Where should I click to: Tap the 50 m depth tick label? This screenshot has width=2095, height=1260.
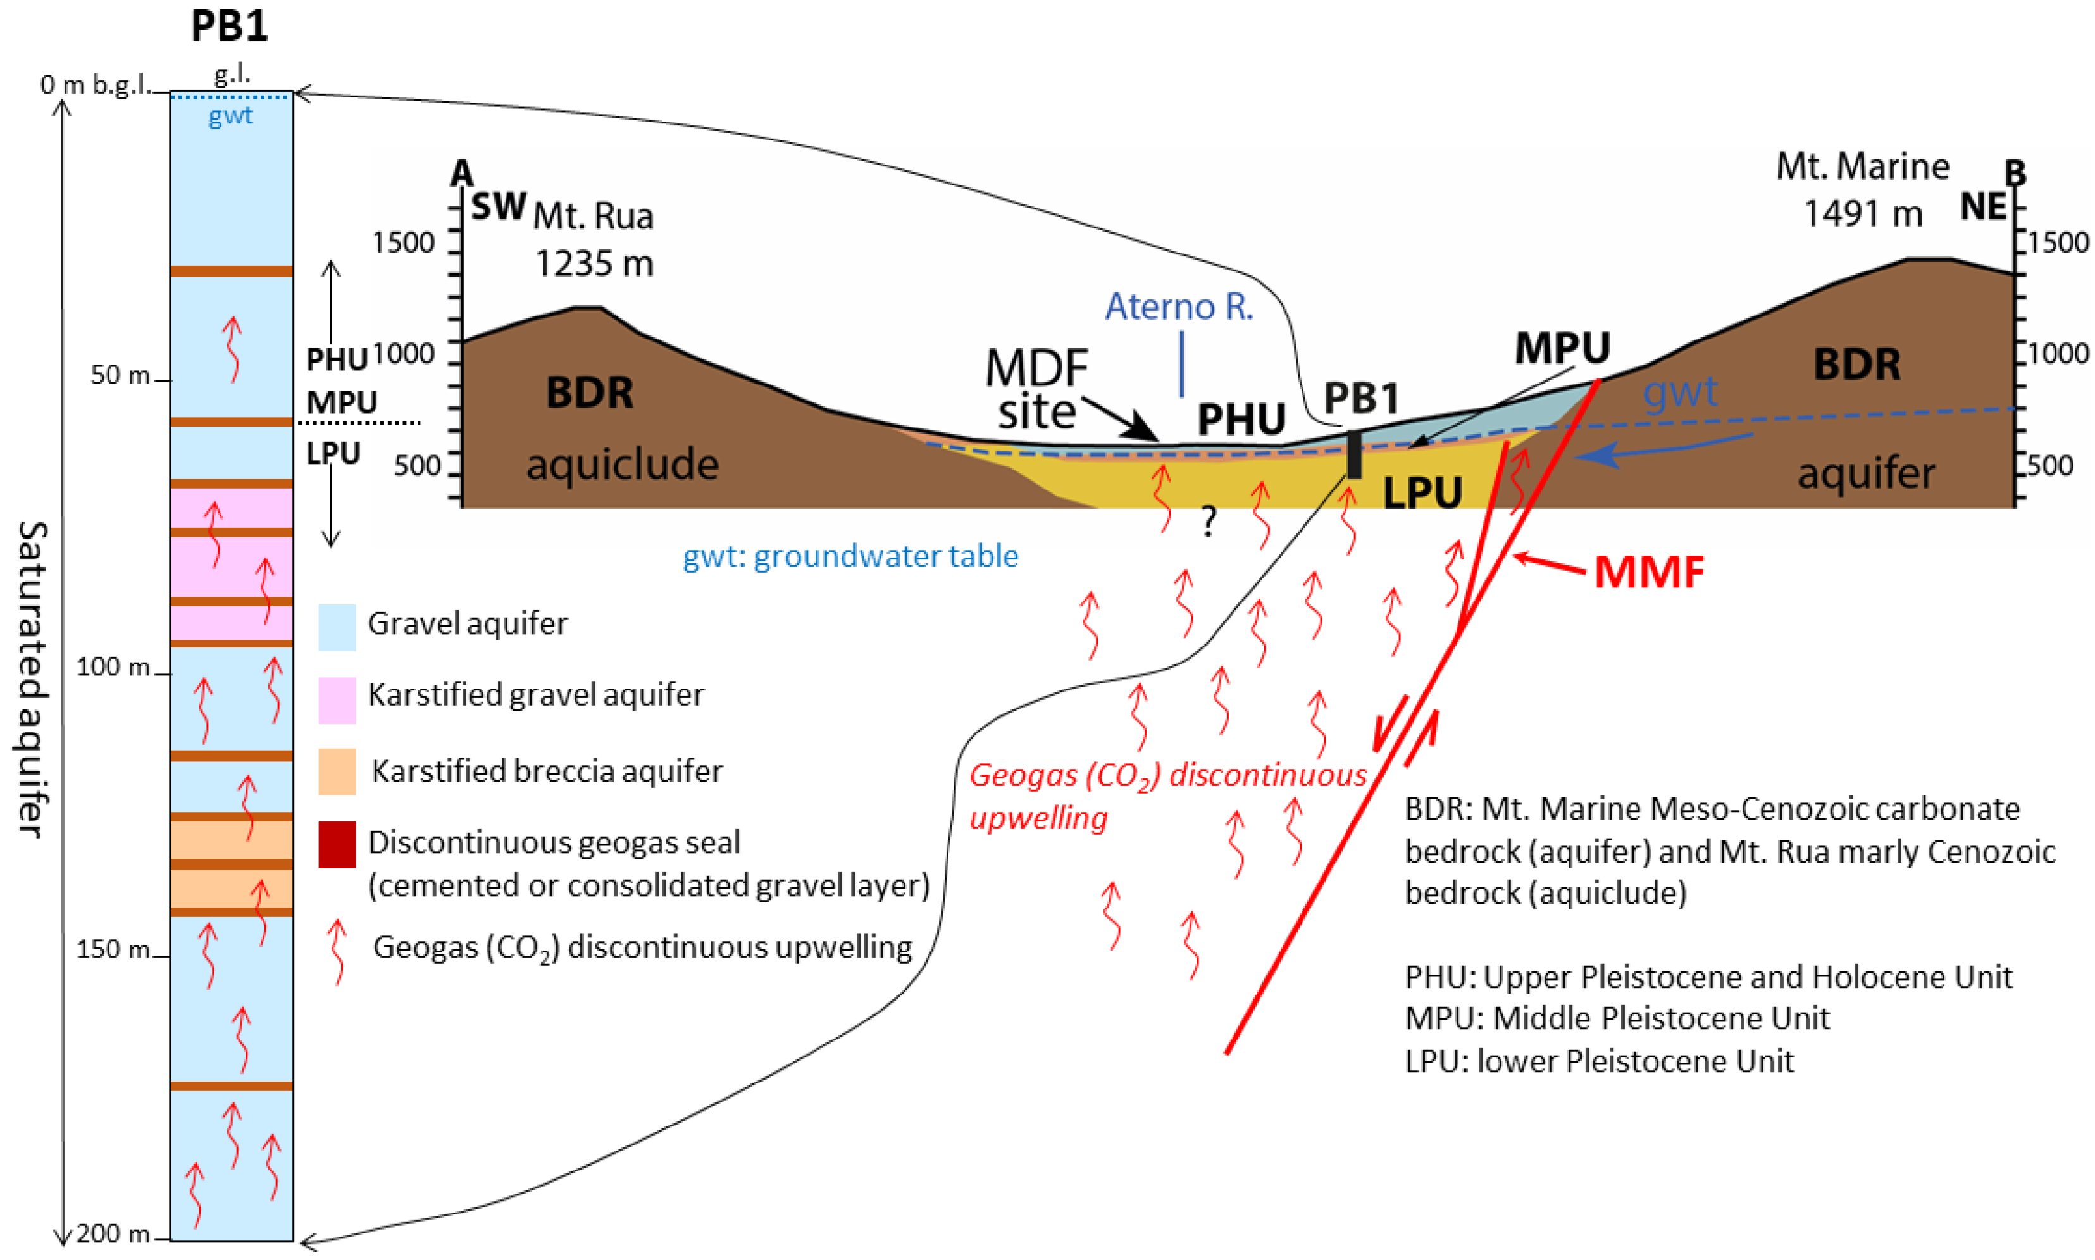(x=120, y=375)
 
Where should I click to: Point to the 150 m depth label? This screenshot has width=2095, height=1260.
(x=113, y=949)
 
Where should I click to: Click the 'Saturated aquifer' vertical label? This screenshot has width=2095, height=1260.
(x=32, y=679)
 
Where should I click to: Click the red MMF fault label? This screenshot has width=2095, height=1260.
(x=1648, y=571)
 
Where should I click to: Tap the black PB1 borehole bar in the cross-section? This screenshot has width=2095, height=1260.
(x=1354, y=455)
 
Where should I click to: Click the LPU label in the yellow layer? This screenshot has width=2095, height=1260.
(x=1422, y=493)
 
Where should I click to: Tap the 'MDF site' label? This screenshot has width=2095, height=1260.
(x=1036, y=390)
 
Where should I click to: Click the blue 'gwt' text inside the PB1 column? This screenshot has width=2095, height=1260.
(x=230, y=115)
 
